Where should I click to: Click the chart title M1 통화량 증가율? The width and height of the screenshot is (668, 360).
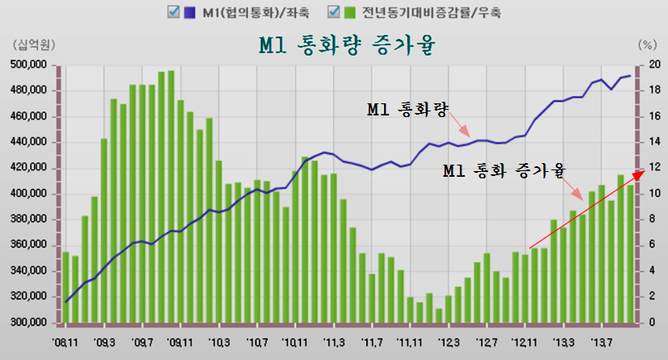pyautogui.click(x=347, y=45)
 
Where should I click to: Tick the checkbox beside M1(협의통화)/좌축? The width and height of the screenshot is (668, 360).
pyautogui.click(x=172, y=12)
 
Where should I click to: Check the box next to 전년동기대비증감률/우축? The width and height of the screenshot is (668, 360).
pyautogui.click(x=333, y=12)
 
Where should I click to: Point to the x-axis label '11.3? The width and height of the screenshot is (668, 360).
pyautogui.click(x=335, y=341)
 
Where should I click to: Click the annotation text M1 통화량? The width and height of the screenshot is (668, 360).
pyautogui.click(x=407, y=109)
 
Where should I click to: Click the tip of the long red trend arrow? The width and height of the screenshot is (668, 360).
pyautogui.click(x=644, y=172)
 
